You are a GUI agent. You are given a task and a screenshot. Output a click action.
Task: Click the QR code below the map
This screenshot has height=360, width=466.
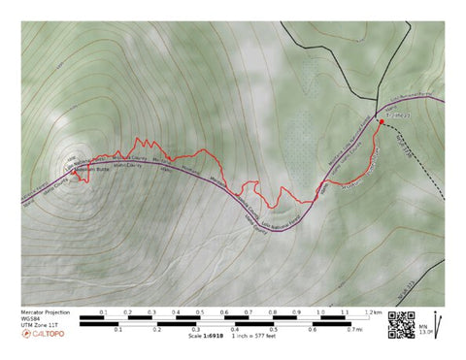pos(398,322)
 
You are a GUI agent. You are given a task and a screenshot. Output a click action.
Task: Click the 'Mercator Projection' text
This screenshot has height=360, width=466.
pos(45,311)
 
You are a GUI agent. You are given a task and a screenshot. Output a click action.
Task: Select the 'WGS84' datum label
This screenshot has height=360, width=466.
pos(30,318)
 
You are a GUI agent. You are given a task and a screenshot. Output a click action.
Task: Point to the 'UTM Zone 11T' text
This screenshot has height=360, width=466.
pos(39,325)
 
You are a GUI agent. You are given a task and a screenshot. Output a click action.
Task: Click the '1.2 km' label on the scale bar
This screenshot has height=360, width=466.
pos(373,312)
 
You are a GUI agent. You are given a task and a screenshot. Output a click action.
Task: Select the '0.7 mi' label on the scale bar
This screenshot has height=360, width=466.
pos(357,330)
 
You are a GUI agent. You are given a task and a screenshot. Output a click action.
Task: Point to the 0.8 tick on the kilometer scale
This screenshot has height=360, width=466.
pos(273,312)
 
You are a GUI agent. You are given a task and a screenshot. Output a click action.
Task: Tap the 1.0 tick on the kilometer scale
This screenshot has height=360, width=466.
pos(321,312)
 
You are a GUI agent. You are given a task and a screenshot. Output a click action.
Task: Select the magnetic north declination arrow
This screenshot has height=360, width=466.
pos(439,322)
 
